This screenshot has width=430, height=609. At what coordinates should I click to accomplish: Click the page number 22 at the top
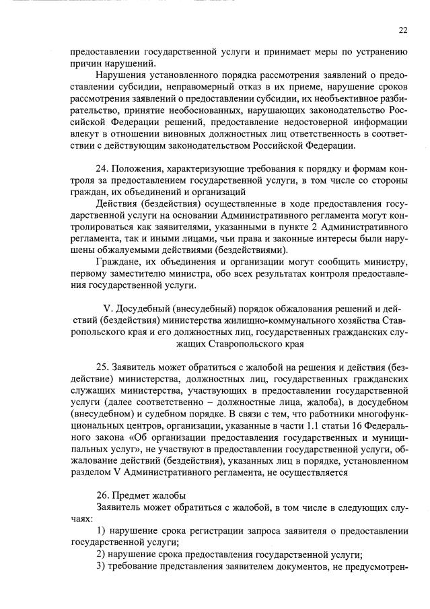(402, 30)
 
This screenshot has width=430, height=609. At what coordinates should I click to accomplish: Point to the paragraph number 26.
(103, 495)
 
